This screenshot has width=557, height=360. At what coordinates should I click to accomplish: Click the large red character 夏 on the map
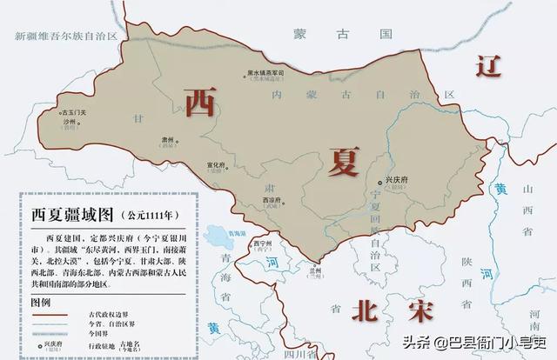346,161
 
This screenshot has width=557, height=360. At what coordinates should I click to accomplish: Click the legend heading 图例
42,302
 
